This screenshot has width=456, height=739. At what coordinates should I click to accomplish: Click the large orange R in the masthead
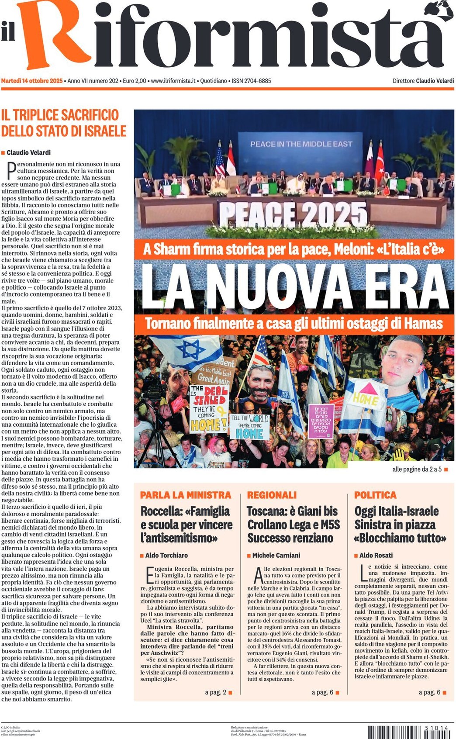[x=52, y=35]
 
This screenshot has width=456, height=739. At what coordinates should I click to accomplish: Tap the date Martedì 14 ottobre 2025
[x=32, y=81]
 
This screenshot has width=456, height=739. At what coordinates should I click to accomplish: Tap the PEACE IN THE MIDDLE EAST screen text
[x=301, y=144]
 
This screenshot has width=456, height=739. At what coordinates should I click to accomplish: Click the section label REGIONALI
[x=271, y=495]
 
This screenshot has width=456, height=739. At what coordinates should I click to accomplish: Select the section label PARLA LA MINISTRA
[x=185, y=495]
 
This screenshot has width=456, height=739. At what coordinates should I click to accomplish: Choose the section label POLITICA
[x=375, y=495]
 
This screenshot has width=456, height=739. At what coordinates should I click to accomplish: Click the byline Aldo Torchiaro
[x=166, y=555]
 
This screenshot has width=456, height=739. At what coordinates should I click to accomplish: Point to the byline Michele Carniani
[x=276, y=555]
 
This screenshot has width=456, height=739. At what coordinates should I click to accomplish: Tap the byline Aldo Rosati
[x=376, y=555]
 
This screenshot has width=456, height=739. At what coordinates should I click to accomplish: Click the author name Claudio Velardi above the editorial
[x=28, y=152]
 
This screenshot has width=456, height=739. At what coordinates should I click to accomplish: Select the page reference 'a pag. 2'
[x=216, y=692]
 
